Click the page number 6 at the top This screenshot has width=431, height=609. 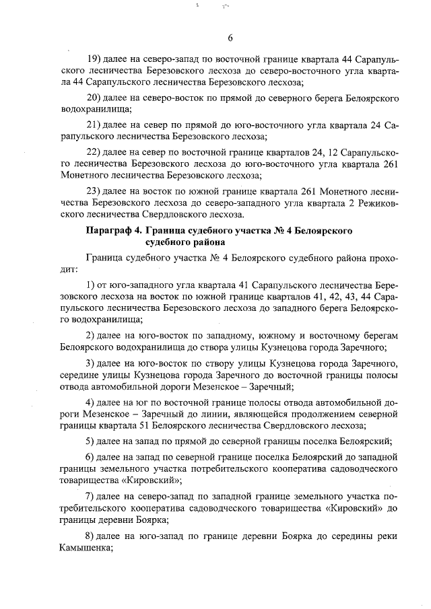230,38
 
